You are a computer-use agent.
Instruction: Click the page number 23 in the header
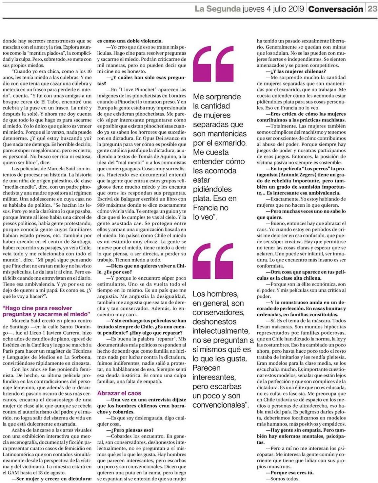pyautogui.click(x=372, y=9)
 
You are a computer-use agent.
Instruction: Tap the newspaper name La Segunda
pyautogui.click(x=218, y=9)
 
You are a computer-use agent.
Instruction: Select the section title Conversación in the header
pyautogui.click(x=336, y=9)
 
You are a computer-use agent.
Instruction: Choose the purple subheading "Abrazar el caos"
pyautogui.click(x=119, y=393)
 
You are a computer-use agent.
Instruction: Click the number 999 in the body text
pyautogui.click(x=102, y=205)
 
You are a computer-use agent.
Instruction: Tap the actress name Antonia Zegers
pyautogui.click(x=298, y=175)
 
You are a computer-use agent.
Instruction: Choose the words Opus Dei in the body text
pyautogui.click(x=152, y=138)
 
